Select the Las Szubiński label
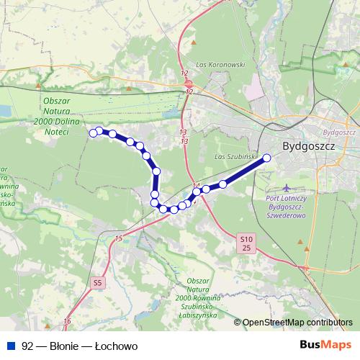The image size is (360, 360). [232, 156]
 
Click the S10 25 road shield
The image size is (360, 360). [246, 243]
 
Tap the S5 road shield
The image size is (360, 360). [98, 283]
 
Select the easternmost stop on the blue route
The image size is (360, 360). [266, 157]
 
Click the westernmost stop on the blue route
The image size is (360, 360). [93, 132]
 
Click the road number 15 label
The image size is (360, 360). [117, 238]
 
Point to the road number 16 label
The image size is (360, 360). [67, 320]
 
